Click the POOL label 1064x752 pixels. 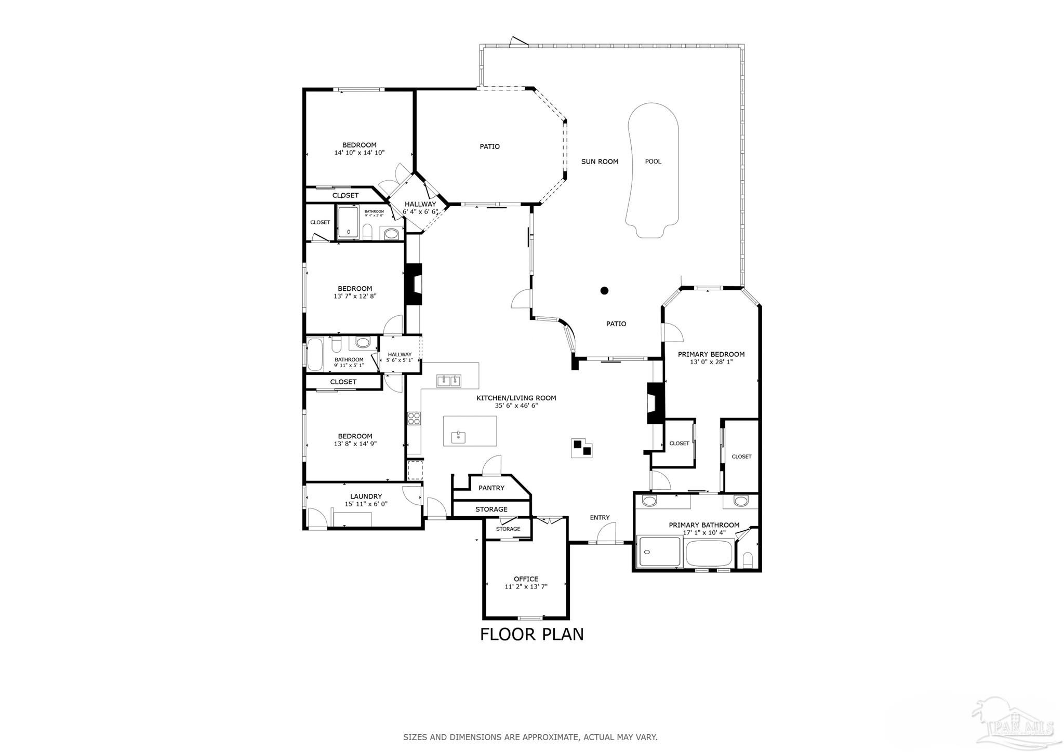tap(653, 162)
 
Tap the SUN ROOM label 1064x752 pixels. tap(600, 162)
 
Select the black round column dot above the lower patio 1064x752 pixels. tap(604, 291)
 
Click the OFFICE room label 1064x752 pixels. tap(526, 579)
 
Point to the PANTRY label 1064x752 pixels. tap(491, 488)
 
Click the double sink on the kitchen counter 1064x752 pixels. tap(449, 381)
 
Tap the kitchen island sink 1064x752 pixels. tap(458, 437)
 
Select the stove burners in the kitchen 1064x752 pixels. tap(414, 418)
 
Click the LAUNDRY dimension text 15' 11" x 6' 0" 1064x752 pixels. tap(366, 504)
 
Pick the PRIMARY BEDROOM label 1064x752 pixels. tap(711, 354)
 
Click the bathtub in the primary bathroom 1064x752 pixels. tap(709, 554)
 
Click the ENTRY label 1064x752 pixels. tap(600, 517)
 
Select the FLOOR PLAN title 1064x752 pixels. tap(531, 634)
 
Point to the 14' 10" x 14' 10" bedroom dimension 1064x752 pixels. tap(359, 153)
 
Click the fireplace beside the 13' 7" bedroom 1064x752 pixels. tap(414, 284)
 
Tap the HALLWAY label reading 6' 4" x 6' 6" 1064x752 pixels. tap(420, 208)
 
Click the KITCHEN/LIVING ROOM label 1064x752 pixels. tap(516, 398)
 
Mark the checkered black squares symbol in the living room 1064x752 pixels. tap(581, 448)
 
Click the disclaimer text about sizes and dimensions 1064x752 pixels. tap(530, 737)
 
